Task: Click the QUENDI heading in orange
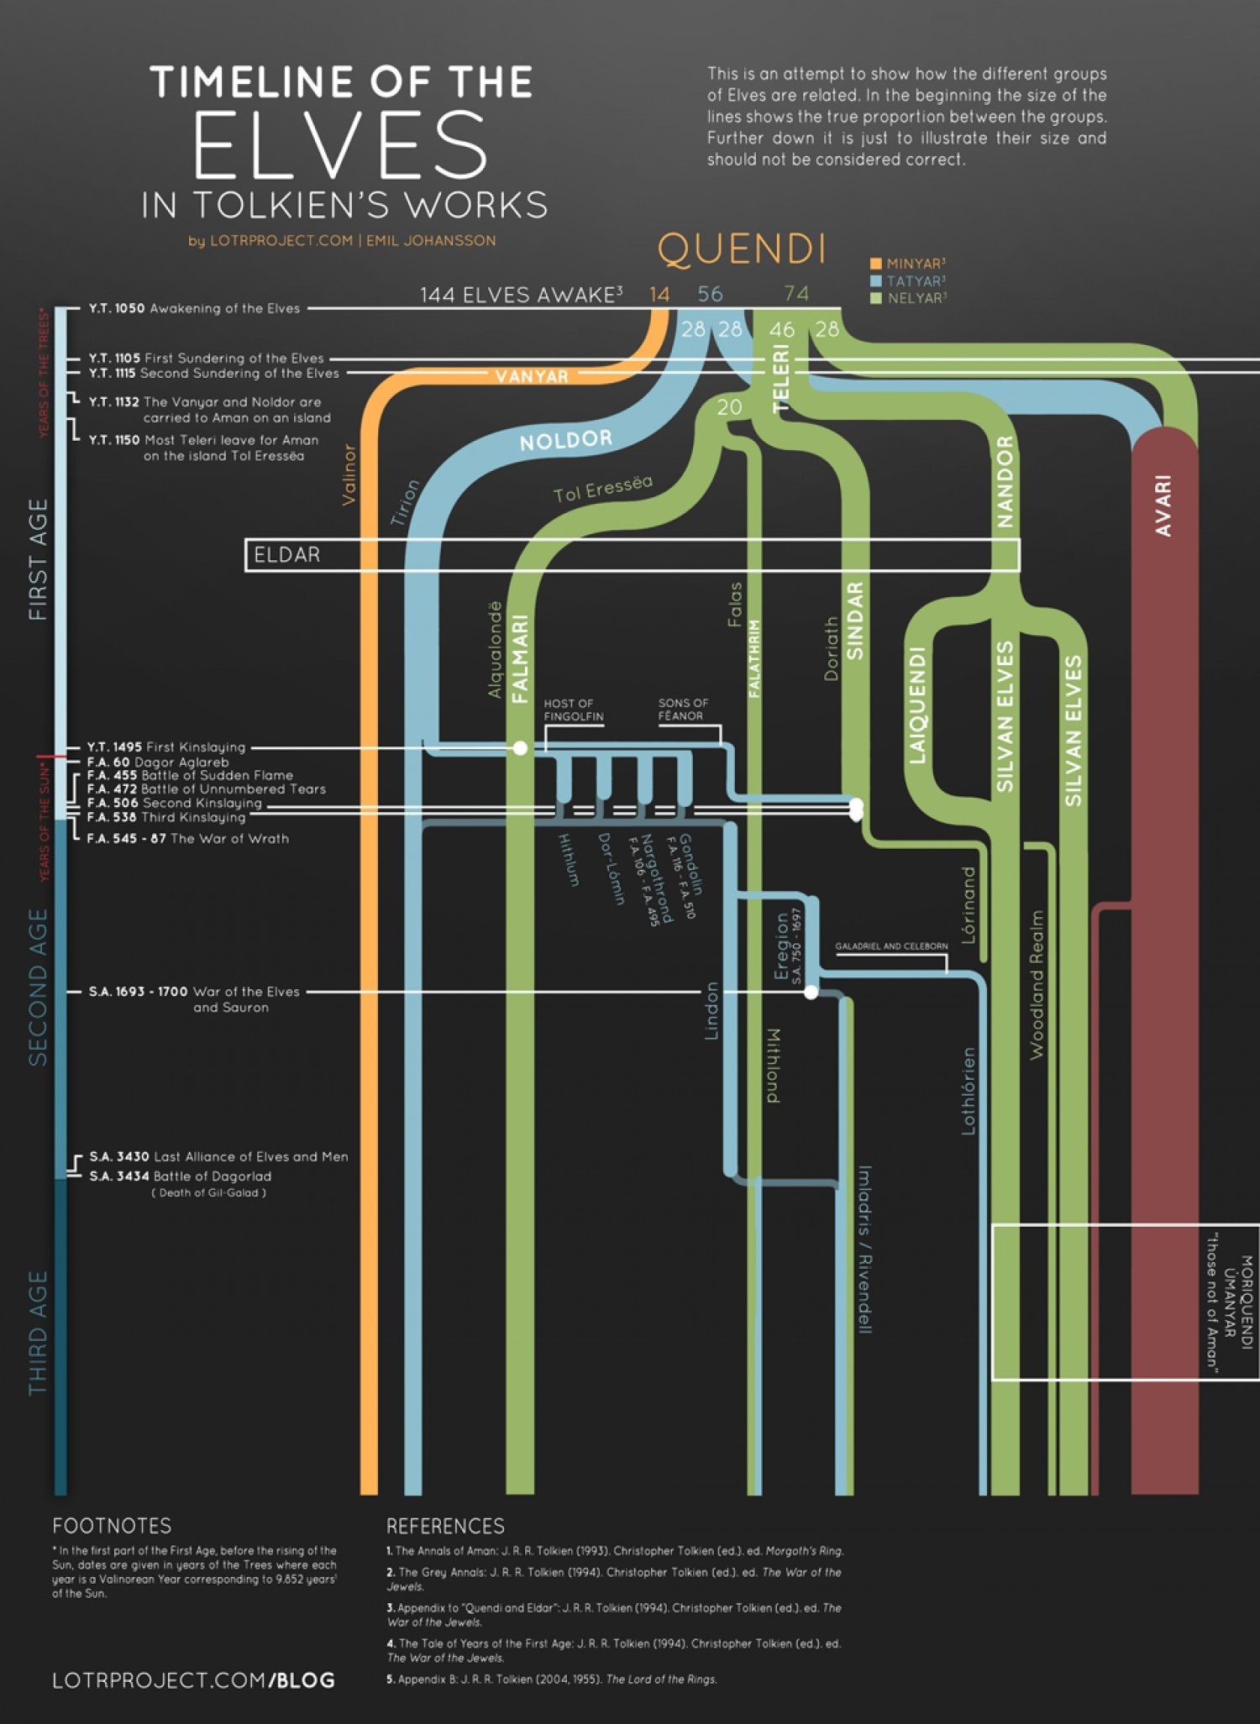pyautogui.click(x=742, y=249)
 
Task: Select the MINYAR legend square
pyautogui.click(x=876, y=264)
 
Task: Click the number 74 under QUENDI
pyautogui.click(x=796, y=294)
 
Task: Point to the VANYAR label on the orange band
pyautogui.click(x=532, y=376)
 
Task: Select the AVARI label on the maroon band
pyautogui.click(x=1163, y=506)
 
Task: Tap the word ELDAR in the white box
pyautogui.click(x=287, y=555)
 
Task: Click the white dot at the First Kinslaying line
pyautogui.click(x=521, y=747)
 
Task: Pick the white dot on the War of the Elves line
pyautogui.click(x=811, y=993)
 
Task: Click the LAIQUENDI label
pyautogui.click(x=917, y=705)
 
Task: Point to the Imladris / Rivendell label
pyautogui.click(x=864, y=1249)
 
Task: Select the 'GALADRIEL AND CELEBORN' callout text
pyautogui.click(x=891, y=946)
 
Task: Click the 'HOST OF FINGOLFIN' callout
pyautogui.click(x=573, y=710)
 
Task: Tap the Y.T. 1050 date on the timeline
pyautogui.click(x=117, y=309)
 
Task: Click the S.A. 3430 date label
pyautogui.click(x=119, y=1157)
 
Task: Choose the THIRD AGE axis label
pyautogui.click(x=39, y=1333)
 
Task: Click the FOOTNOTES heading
pyautogui.click(x=112, y=1526)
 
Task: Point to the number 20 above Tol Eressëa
pyautogui.click(x=729, y=407)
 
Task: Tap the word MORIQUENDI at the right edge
pyautogui.click(x=1247, y=1302)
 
